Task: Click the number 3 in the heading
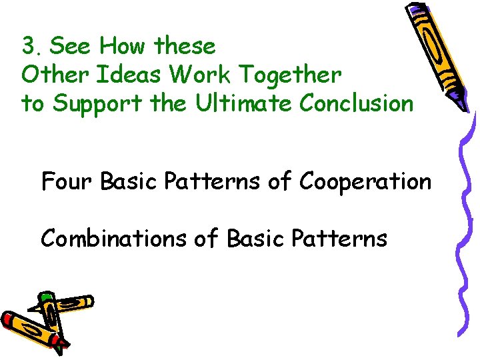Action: [x=27, y=47]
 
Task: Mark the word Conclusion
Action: [x=356, y=104]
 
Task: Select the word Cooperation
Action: [x=365, y=181]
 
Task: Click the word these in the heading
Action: [x=185, y=47]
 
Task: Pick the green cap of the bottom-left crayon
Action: [x=45, y=297]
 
